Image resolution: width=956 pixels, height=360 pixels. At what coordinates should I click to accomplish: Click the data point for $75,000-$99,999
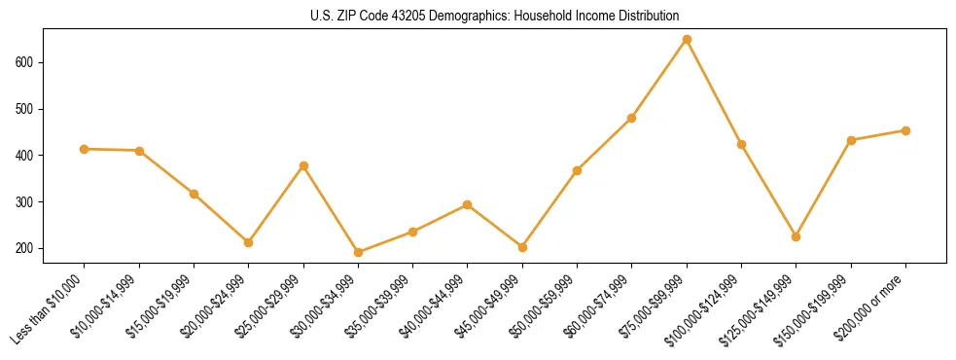tap(687, 40)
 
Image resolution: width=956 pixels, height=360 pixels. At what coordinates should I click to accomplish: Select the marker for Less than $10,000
tap(85, 149)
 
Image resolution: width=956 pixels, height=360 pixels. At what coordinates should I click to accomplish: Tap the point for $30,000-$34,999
tap(358, 252)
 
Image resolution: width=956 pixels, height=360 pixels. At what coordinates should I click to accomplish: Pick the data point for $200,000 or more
tap(905, 130)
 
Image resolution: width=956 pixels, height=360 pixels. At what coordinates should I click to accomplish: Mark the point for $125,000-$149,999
tap(796, 236)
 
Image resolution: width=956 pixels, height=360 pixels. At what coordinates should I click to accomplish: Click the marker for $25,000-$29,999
tap(303, 165)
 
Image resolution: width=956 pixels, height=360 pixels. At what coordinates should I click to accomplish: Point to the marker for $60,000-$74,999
tap(631, 118)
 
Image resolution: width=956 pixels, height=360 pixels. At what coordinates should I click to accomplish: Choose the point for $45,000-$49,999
tap(522, 247)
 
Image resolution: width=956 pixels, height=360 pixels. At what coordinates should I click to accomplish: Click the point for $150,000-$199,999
tap(851, 140)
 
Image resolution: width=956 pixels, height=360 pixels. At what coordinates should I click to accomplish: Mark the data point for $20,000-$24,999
tap(248, 242)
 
